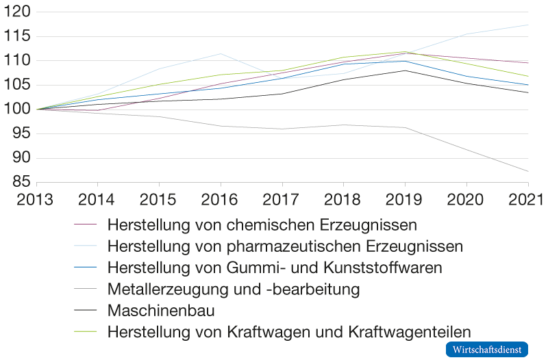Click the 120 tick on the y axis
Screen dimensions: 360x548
tap(17, 12)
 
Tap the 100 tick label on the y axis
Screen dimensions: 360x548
tap(17, 110)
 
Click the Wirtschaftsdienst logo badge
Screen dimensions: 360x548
tap(487, 349)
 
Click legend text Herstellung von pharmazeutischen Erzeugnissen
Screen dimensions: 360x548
tap(285, 245)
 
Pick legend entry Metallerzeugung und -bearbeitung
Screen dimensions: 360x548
tap(234, 289)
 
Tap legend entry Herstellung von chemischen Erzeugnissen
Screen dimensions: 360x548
tap(263, 224)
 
